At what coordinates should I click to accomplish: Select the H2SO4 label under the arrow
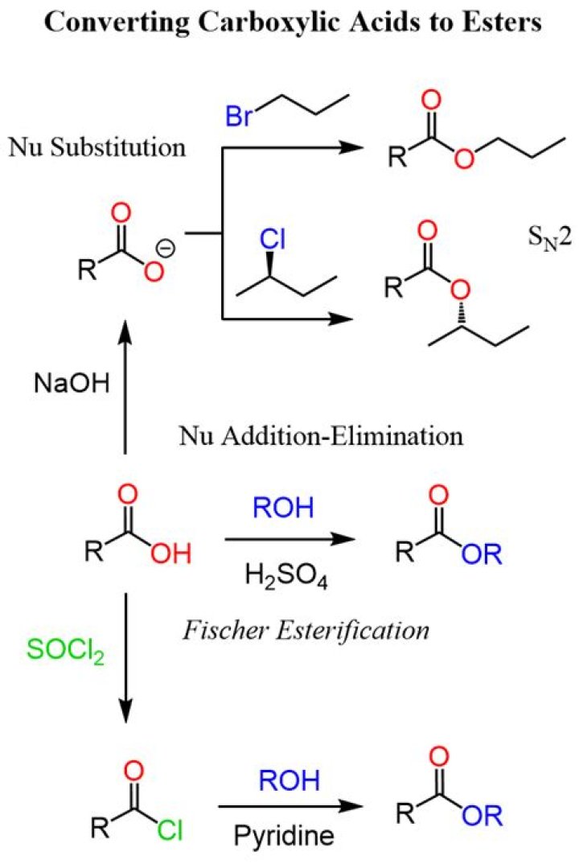coord(290,578)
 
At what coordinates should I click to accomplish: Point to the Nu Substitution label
coord(96,148)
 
